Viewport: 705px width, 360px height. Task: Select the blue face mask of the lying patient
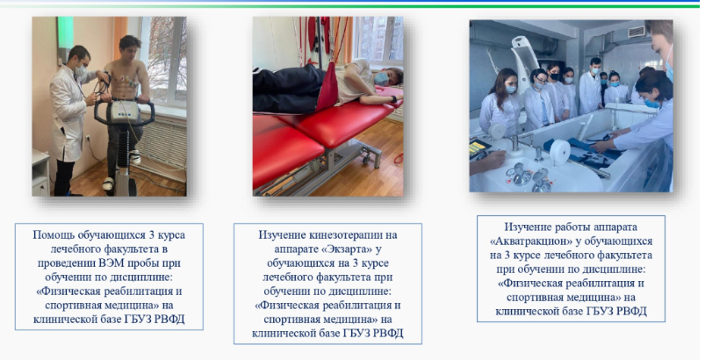click(382, 79)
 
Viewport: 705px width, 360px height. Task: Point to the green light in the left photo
click(65, 32)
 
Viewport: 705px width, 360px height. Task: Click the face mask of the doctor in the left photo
click(81, 69)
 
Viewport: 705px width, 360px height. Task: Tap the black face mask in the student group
click(554, 77)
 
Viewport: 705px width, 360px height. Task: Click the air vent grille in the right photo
click(637, 32)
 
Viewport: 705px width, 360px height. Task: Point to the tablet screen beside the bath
click(478, 148)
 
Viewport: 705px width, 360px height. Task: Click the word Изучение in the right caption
click(527, 227)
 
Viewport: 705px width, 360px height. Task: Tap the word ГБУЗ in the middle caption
click(357, 334)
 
